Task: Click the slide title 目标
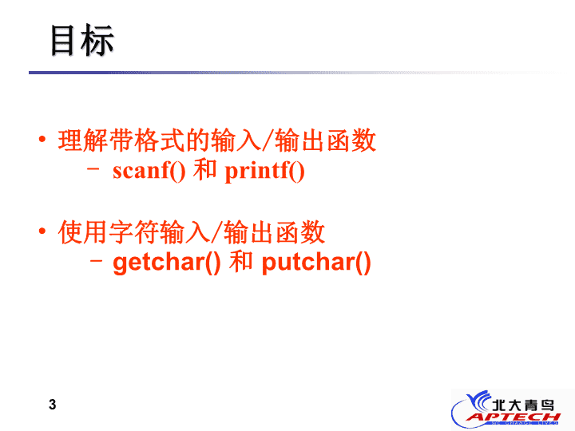(x=82, y=41)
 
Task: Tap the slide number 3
(x=53, y=405)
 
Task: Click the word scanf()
(x=149, y=171)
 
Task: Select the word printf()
(x=265, y=172)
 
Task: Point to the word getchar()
(x=167, y=263)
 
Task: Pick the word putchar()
(x=316, y=263)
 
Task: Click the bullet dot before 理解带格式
(x=42, y=139)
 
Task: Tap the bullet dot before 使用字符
(x=42, y=231)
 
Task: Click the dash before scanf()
(x=93, y=169)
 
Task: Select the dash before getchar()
(x=96, y=260)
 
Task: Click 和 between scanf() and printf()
(x=205, y=169)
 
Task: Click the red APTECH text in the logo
(x=514, y=417)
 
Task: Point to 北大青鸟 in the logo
(x=523, y=405)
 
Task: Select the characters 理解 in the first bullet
(x=83, y=140)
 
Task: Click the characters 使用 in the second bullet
(x=83, y=232)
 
